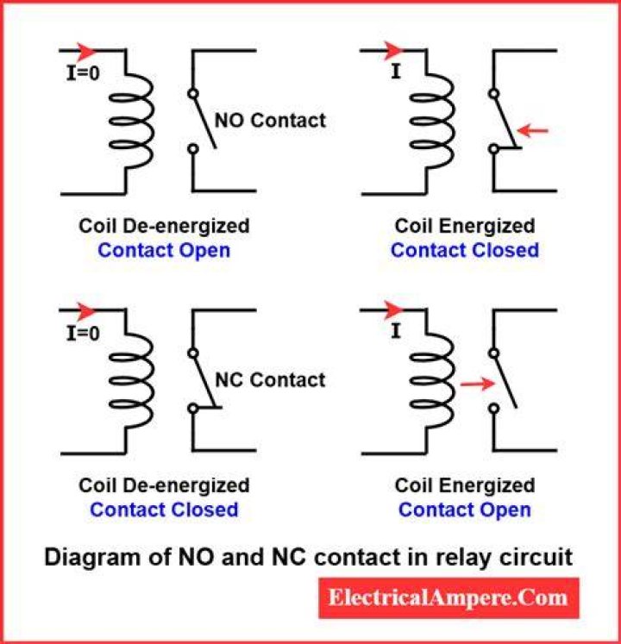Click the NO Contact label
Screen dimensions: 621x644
[x=270, y=121]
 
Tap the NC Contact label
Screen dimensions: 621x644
[x=270, y=380]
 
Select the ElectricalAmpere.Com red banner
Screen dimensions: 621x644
[x=448, y=597]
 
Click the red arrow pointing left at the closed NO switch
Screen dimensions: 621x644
[x=533, y=130]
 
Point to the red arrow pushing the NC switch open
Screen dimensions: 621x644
[x=478, y=384]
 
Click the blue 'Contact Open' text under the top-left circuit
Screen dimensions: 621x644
[x=164, y=251]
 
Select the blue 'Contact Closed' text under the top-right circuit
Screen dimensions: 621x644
[x=464, y=250]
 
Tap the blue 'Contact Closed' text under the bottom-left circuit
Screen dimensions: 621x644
[x=164, y=510]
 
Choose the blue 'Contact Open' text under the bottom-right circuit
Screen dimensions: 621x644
[x=464, y=510]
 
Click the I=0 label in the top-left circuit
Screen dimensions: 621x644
[x=83, y=73]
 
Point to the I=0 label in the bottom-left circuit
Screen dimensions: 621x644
[x=83, y=333]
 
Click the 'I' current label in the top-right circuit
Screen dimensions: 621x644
[x=395, y=72]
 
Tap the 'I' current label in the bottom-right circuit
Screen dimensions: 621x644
[x=395, y=331]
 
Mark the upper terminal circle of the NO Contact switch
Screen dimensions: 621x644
[x=192, y=94]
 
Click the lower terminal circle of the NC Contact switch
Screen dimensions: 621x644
[x=192, y=408]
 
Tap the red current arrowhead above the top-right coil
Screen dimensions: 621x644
[x=392, y=51]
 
